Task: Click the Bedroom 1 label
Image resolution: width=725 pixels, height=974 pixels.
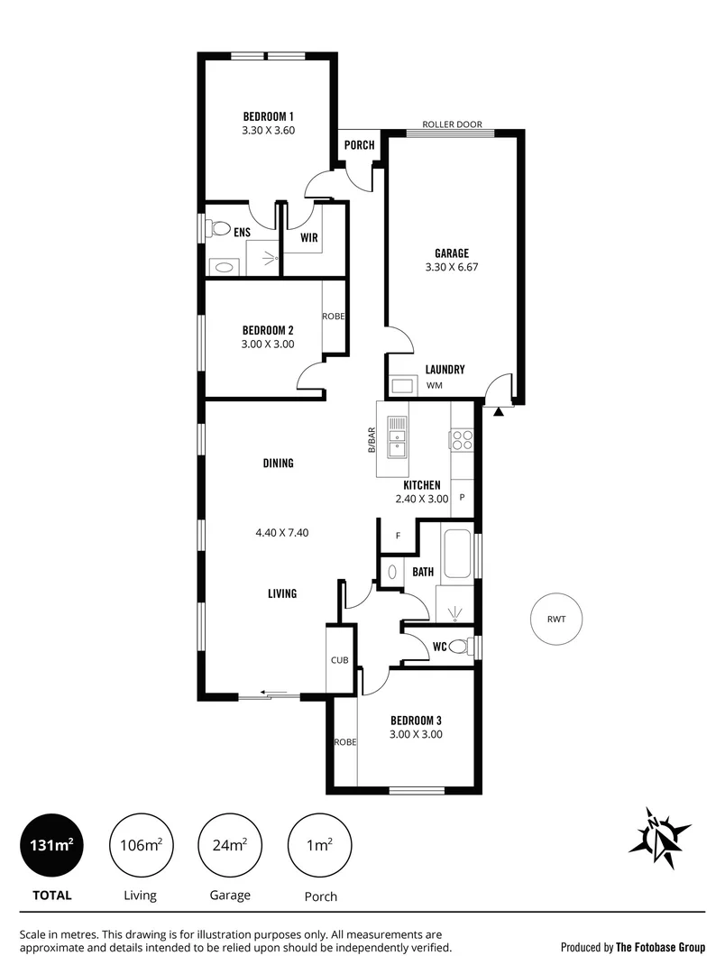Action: click(269, 116)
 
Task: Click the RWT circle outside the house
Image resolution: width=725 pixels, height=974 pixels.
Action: click(555, 620)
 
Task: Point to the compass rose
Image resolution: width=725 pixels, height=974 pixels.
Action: click(660, 833)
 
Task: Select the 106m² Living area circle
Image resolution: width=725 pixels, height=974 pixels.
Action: click(141, 845)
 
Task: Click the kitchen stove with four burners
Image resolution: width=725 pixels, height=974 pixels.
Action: click(463, 439)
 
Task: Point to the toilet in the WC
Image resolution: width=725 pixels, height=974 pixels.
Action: click(460, 647)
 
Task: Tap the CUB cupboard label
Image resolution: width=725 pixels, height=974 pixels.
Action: click(339, 660)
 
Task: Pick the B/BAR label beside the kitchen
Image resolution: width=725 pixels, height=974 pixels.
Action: click(371, 439)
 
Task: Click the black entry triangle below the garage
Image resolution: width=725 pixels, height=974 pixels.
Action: click(499, 411)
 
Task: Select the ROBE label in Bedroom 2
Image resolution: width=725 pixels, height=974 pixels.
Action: click(335, 317)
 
